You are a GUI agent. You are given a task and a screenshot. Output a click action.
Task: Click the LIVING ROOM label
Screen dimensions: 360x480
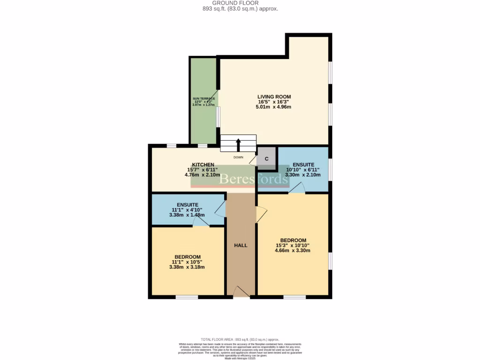(x=274, y=97)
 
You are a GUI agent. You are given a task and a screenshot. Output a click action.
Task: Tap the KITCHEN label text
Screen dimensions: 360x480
(x=203, y=165)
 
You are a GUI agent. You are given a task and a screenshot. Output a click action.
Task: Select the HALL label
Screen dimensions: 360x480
(x=240, y=245)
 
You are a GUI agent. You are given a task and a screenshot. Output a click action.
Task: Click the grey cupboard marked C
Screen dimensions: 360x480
(x=267, y=159)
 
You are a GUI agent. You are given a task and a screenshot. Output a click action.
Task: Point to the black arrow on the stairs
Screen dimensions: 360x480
(x=238, y=144)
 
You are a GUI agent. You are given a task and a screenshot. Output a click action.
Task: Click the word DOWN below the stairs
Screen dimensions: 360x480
(x=238, y=157)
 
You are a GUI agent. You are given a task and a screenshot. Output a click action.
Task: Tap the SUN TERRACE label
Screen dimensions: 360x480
(x=203, y=98)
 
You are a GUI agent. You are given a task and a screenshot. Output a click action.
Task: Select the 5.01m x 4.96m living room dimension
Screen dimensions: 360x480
(x=273, y=107)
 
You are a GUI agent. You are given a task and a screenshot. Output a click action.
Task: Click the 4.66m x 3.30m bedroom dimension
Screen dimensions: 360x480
(x=292, y=250)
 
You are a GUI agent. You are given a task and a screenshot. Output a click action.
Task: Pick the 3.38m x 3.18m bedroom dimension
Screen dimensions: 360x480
(x=187, y=267)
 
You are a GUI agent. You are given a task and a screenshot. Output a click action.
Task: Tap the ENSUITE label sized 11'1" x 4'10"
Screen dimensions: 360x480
(x=187, y=205)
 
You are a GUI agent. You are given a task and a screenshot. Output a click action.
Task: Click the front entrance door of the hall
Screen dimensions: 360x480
(x=241, y=292)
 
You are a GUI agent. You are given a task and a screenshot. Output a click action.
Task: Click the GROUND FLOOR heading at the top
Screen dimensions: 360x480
(x=240, y=3)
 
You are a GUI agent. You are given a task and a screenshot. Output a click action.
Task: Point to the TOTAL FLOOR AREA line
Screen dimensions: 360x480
(x=240, y=339)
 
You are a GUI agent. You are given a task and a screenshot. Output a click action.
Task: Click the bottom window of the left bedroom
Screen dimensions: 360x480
(x=187, y=297)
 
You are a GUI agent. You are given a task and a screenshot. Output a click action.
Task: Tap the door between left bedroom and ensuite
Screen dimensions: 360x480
(x=201, y=223)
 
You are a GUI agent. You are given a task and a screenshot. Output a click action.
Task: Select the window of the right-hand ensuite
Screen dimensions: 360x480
(x=330, y=169)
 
